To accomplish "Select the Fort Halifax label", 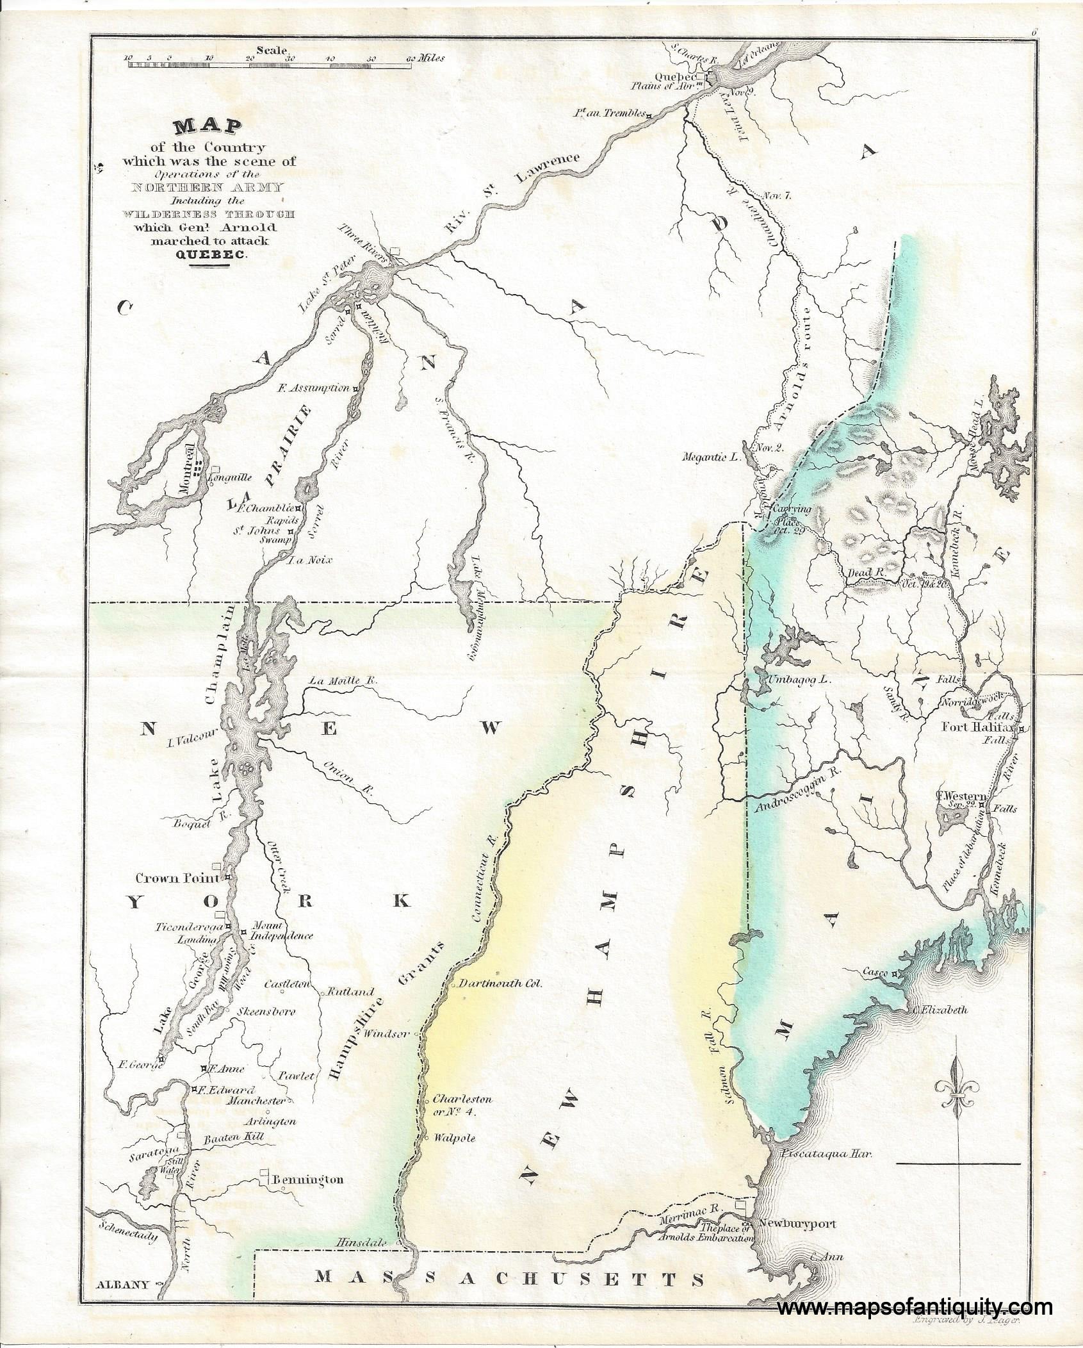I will (981, 727).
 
